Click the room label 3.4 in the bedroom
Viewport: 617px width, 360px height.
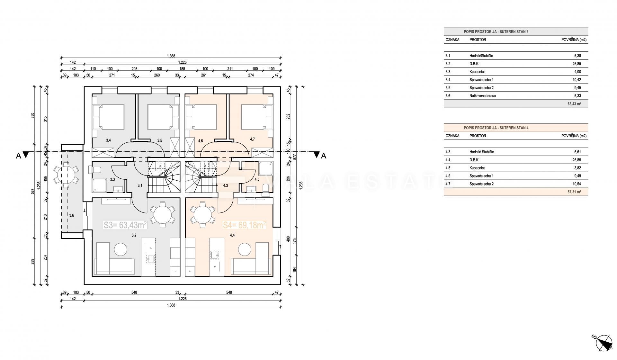pos(108,140)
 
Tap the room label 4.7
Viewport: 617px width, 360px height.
pos(252,139)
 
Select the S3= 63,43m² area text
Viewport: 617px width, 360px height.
pos(125,225)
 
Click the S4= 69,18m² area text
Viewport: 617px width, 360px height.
pos(245,225)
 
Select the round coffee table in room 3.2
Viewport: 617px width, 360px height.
pos(121,250)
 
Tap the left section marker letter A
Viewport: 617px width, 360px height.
pos(18,156)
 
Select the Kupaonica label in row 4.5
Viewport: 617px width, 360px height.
pos(477,168)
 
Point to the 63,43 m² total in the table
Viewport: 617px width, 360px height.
pos(575,104)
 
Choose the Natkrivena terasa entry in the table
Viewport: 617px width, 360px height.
pos(482,96)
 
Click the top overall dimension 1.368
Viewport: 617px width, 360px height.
pos(171,56)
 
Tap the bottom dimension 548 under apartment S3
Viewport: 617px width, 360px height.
pos(134,292)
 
